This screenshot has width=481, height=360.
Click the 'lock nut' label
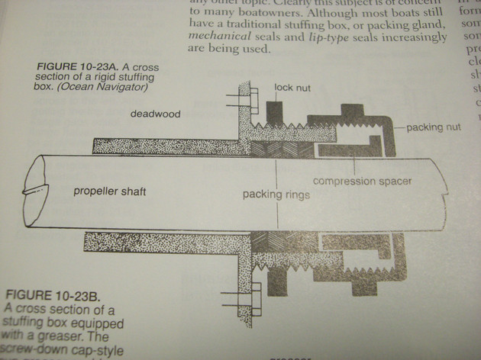pyautogui.click(x=292, y=88)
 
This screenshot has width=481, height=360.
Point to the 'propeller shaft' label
pyautogui.click(x=109, y=191)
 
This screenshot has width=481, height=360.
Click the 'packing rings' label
pyautogui.click(x=276, y=194)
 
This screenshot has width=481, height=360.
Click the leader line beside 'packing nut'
pyautogui.click(x=400, y=127)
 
